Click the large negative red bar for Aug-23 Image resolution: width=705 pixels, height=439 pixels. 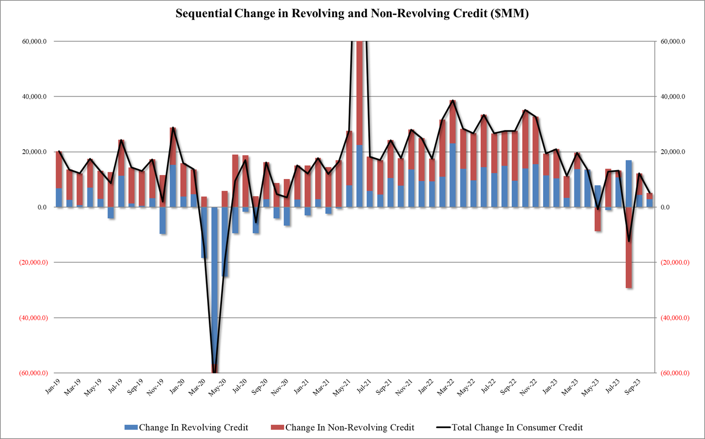point(629,248)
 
